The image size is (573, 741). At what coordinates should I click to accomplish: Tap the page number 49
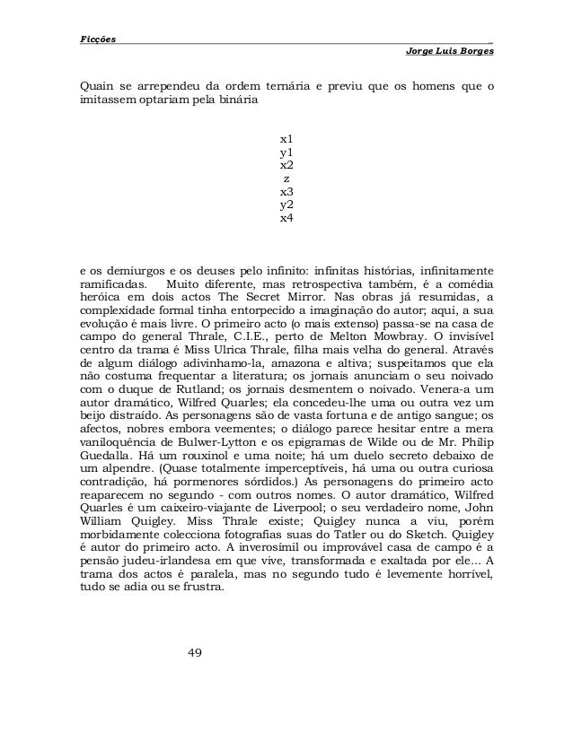196,650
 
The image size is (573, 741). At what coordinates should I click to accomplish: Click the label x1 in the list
286,140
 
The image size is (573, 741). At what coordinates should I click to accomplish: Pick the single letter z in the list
286,179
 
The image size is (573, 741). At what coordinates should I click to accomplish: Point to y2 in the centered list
286,205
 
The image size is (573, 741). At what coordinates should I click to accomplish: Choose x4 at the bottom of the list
286,217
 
